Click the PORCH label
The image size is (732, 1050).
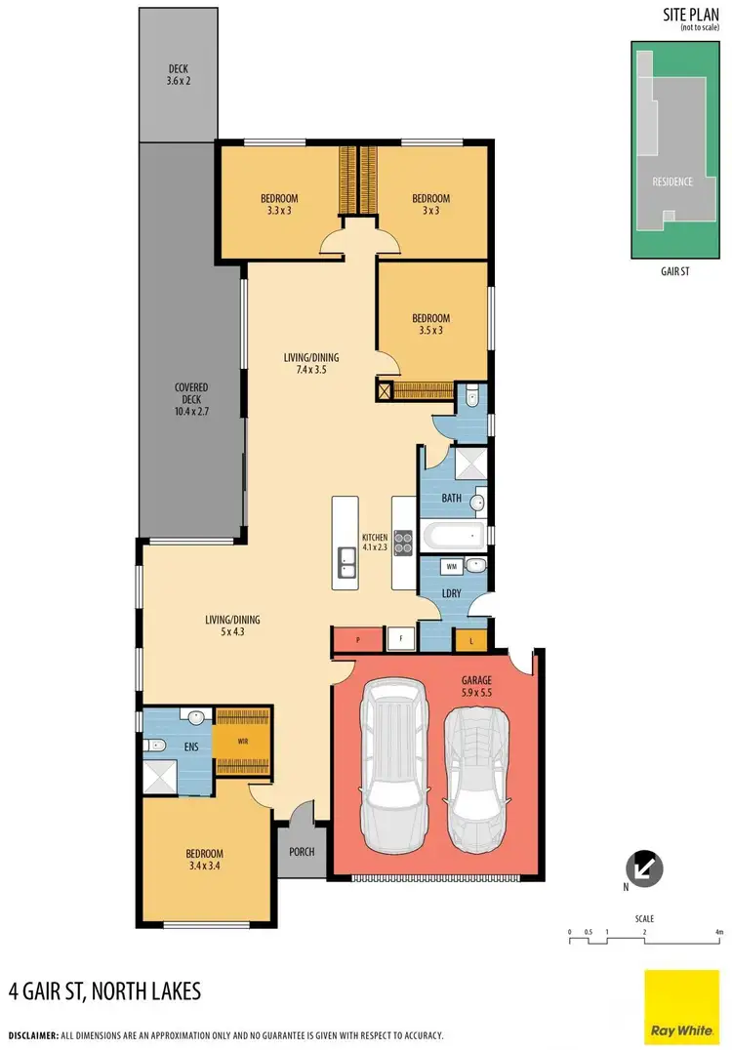pos(302,852)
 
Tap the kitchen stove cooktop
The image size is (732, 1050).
pos(403,542)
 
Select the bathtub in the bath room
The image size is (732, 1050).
pos(452,535)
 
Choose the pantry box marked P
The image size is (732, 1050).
pos(358,640)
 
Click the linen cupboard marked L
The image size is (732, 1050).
pos(471,641)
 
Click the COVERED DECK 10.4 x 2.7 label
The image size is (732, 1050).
pos(191,400)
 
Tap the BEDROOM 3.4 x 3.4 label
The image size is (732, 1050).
pos(206,860)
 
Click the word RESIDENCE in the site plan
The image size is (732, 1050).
pos(672,182)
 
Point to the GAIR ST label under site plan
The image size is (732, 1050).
pos(673,272)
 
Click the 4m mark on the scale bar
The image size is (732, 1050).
pos(719,932)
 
